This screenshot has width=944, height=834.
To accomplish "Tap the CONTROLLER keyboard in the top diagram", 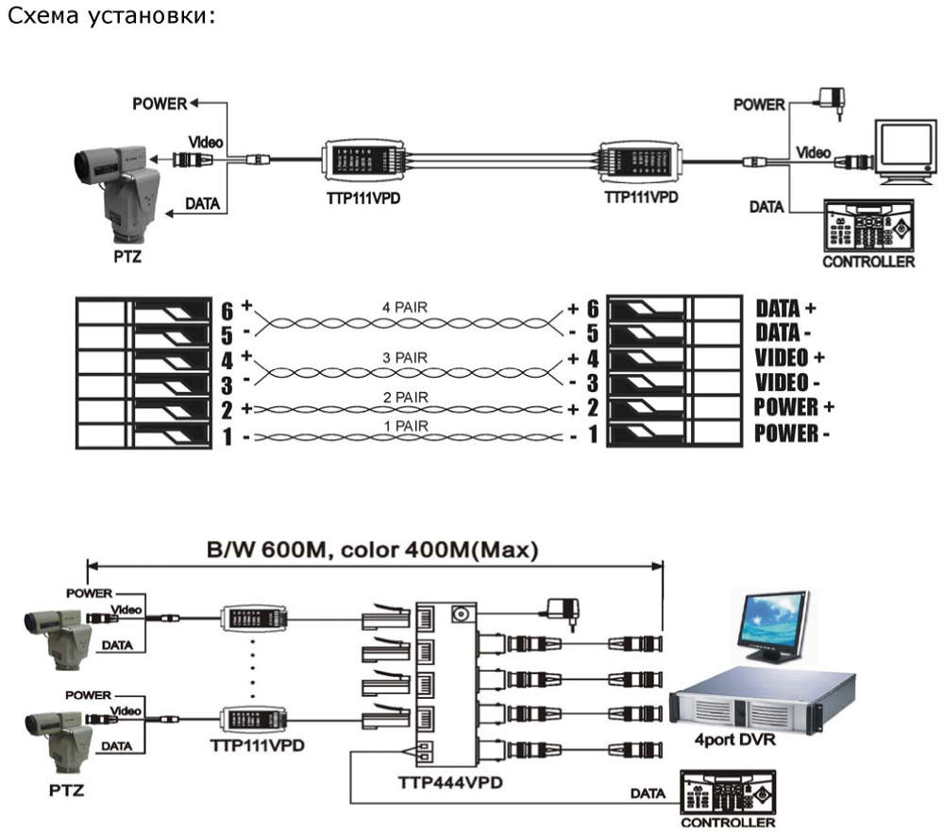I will tap(868, 226).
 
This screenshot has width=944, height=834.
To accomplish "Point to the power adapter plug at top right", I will tap(832, 96).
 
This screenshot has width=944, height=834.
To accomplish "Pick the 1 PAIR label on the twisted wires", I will tap(406, 427).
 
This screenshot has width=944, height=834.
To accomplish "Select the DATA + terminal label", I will tap(785, 308).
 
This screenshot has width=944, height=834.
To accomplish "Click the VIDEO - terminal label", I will tap(782, 383).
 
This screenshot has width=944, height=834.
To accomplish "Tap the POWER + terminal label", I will tap(785, 407).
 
